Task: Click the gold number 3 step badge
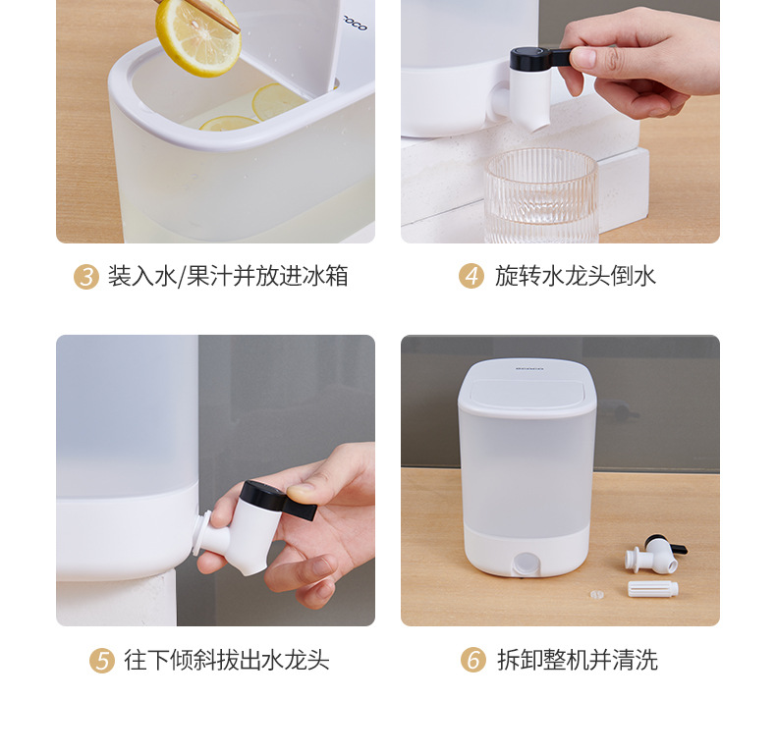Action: click(86, 277)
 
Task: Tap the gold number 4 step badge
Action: click(471, 277)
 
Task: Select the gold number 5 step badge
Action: click(102, 661)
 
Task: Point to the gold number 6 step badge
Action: click(473, 661)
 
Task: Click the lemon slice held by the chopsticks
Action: click(197, 36)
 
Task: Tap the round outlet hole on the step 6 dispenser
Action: click(523, 564)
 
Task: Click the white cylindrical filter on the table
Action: click(653, 589)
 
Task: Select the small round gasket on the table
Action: click(593, 594)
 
